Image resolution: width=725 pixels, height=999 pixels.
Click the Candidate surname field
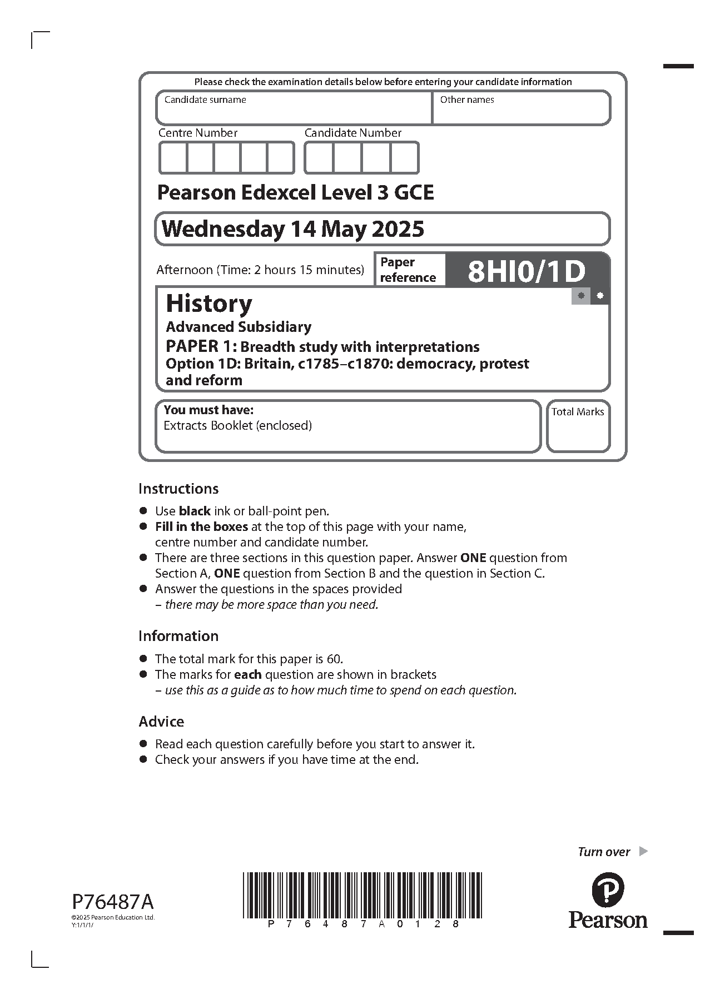tap(294, 111)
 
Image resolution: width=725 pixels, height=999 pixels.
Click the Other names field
tap(522, 111)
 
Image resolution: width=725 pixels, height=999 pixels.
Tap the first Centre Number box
tap(173, 158)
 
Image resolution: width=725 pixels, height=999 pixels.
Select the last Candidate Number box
tap(404, 158)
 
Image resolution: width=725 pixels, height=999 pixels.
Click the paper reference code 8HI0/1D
tap(527, 271)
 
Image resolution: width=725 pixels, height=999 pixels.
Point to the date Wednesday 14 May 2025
tap(293, 229)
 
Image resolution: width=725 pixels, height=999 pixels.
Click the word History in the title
tap(209, 304)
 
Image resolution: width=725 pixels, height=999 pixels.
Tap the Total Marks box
tap(578, 430)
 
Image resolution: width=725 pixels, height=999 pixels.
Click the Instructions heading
tap(178, 489)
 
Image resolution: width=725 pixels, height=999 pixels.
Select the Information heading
tap(178, 636)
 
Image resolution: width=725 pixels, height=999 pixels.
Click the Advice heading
tap(161, 722)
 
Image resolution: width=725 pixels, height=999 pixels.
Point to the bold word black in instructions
tap(195, 511)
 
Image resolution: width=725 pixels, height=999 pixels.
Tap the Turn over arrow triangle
tap(643, 851)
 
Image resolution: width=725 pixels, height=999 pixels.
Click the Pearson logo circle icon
tap(608, 889)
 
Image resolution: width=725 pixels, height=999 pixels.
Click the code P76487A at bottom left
tap(113, 901)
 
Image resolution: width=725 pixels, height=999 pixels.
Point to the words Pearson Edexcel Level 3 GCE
tap(295, 192)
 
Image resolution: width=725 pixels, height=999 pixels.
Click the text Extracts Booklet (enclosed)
tap(237, 426)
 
